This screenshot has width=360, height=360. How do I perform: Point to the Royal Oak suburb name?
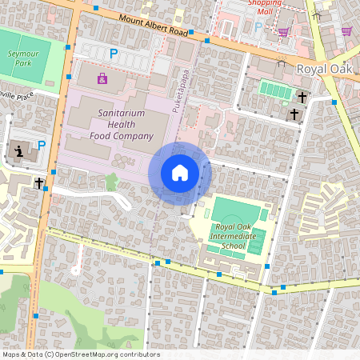[x=324, y=69]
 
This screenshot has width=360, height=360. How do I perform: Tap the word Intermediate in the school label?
[x=237, y=236]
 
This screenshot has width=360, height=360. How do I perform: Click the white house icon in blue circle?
[x=179, y=172]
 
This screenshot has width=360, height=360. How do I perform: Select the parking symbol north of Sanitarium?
[x=114, y=54]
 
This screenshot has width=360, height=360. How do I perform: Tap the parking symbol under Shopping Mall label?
[x=258, y=26]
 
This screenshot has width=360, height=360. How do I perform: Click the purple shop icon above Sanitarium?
[x=102, y=78]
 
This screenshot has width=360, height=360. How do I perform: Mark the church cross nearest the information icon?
[x=38, y=183]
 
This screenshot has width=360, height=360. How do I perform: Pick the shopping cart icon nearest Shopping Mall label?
[x=283, y=31]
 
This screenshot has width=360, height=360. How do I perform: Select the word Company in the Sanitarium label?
[x=128, y=136]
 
